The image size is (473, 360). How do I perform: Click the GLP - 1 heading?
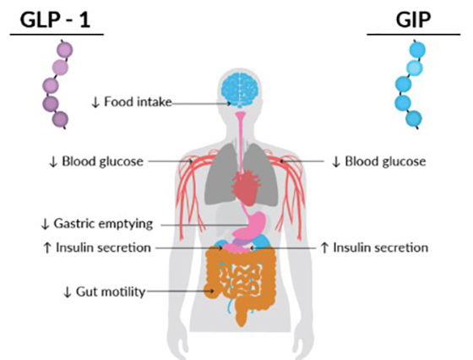[55, 20]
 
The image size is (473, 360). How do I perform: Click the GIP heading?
[413, 20]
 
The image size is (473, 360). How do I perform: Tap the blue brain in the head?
[240, 89]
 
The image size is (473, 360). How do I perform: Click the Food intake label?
[138, 102]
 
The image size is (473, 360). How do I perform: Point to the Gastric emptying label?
[103, 224]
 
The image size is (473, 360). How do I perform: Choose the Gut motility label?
[111, 292]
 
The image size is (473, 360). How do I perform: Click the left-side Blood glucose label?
[102, 161]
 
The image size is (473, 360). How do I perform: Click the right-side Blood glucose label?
[385, 161]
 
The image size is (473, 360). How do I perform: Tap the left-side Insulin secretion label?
[103, 248]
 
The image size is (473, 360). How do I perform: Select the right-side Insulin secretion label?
[380, 248]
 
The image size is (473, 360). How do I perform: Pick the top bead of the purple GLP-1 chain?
[65, 49]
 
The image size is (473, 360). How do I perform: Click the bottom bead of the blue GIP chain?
[414, 118]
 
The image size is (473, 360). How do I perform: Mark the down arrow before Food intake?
[95, 102]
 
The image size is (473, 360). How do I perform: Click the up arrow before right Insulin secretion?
[324, 248]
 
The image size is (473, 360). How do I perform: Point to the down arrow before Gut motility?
[68, 292]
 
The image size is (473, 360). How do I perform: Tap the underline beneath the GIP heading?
[413, 35]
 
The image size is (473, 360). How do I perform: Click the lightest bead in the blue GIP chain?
[415, 68]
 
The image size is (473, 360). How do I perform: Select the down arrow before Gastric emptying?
[45, 224]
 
